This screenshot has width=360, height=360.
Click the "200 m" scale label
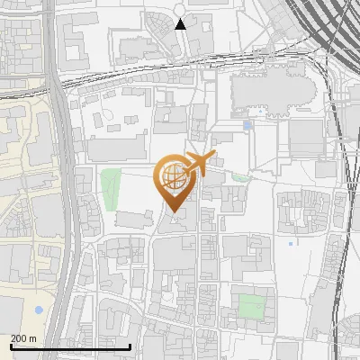point(23,338)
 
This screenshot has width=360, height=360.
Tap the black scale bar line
point(70,346)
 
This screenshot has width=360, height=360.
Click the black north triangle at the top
point(181,23)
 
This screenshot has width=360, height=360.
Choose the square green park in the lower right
point(252,306)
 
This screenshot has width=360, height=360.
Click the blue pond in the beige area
point(38,310)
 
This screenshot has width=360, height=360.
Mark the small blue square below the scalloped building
point(247,125)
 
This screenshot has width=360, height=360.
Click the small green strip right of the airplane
point(240,177)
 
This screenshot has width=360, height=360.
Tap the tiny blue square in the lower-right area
point(290,243)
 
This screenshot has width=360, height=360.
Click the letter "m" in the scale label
point(32,338)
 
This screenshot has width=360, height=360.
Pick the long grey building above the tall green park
point(117,148)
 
